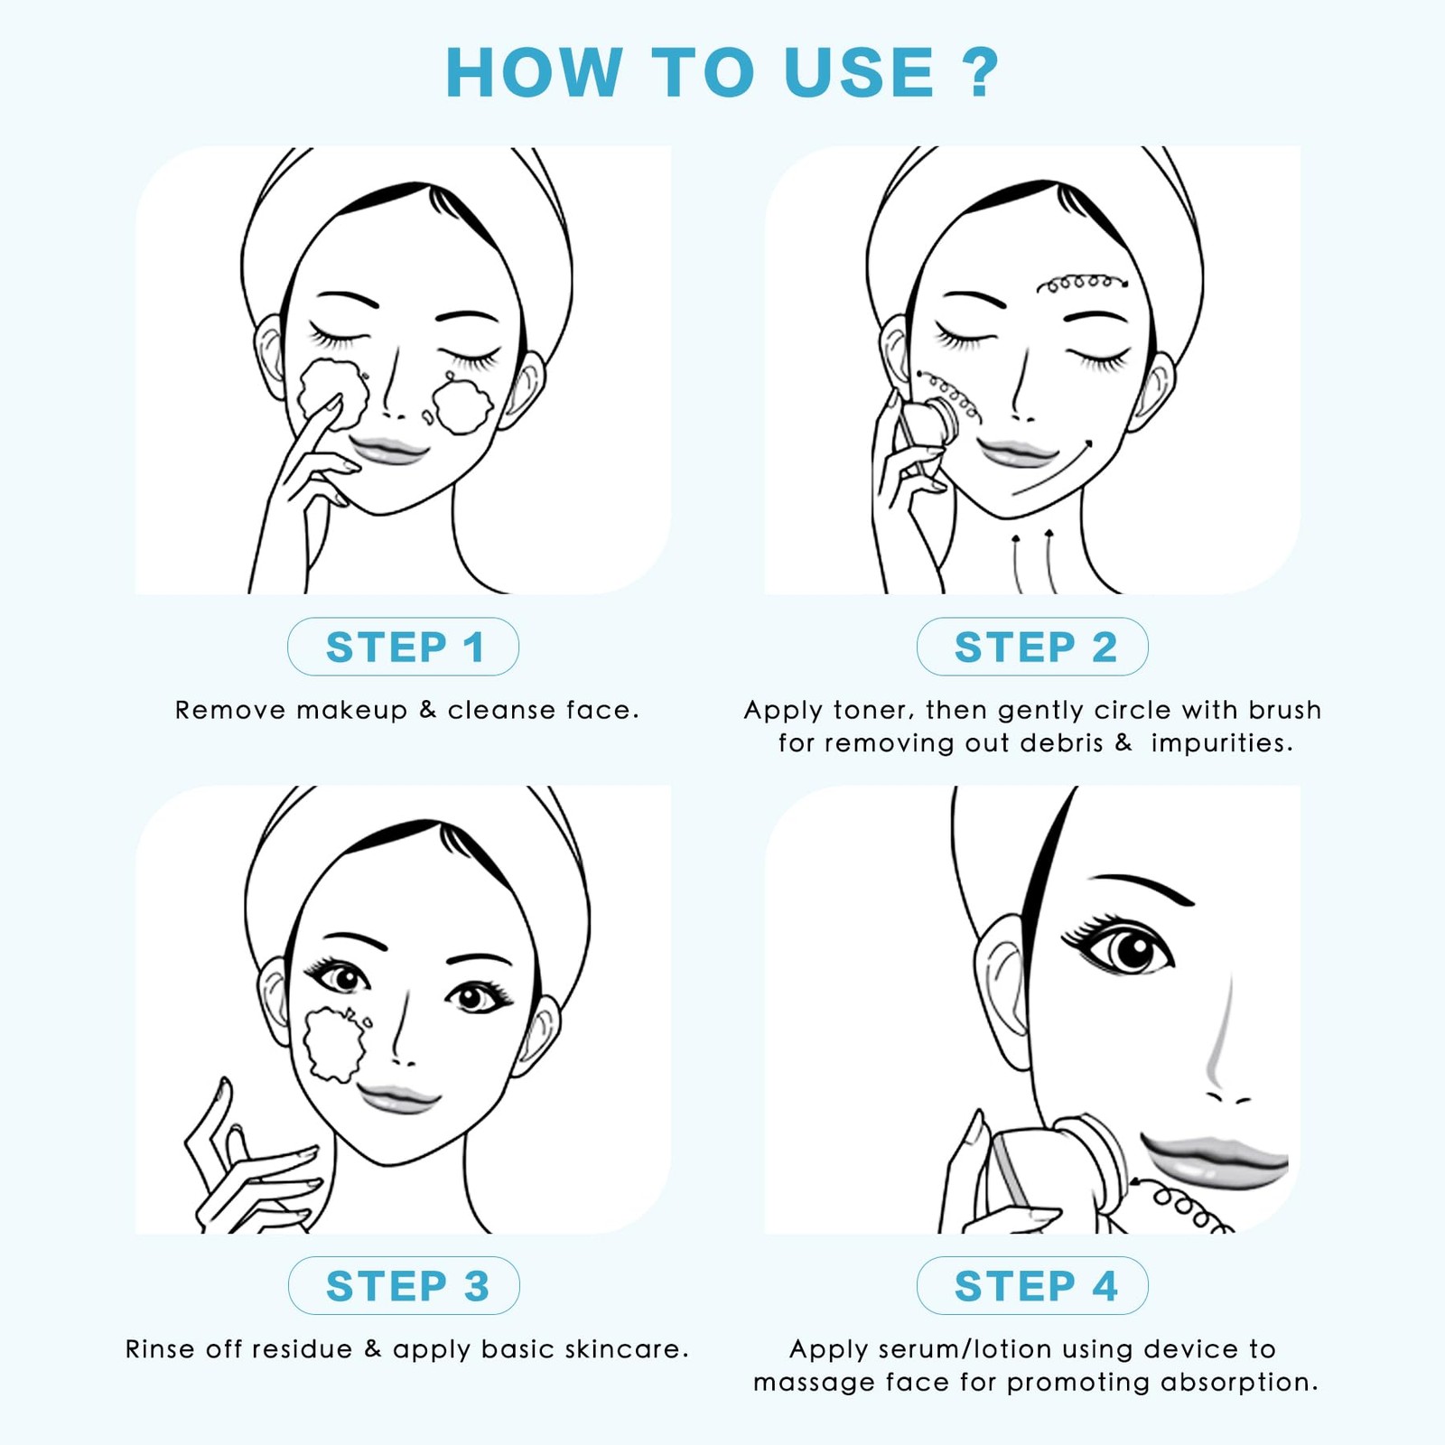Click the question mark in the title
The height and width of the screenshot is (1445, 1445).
[980, 71]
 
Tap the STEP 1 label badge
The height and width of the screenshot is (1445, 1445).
[403, 647]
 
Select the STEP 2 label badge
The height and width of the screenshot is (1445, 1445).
[1032, 647]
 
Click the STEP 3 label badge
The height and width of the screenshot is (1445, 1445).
[404, 1285]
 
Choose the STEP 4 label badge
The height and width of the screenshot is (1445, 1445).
[1032, 1285]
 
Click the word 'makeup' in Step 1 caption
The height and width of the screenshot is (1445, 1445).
[352, 711]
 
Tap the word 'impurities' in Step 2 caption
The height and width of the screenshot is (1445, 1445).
[1222, 743]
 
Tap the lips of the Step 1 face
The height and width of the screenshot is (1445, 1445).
[388, 450]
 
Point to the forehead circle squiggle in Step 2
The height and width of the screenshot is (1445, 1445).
[1082, 284]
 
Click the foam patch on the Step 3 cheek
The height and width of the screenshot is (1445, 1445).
[337, 1043]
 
